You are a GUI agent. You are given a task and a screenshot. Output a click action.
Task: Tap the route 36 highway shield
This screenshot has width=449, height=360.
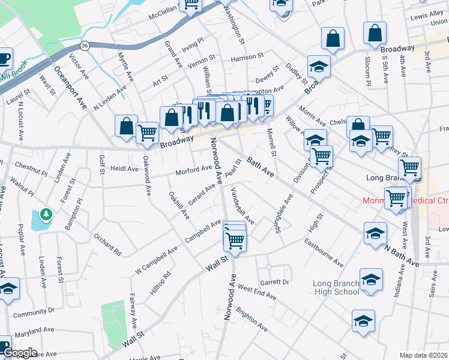(x=85, y=46)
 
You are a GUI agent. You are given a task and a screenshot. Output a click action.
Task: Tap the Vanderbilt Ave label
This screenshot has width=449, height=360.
(x=243, y=206)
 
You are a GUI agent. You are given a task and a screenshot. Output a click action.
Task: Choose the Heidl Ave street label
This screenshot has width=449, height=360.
(x=124, y=169)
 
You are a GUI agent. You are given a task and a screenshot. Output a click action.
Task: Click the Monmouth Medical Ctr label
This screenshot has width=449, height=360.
(x=407, y=202)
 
